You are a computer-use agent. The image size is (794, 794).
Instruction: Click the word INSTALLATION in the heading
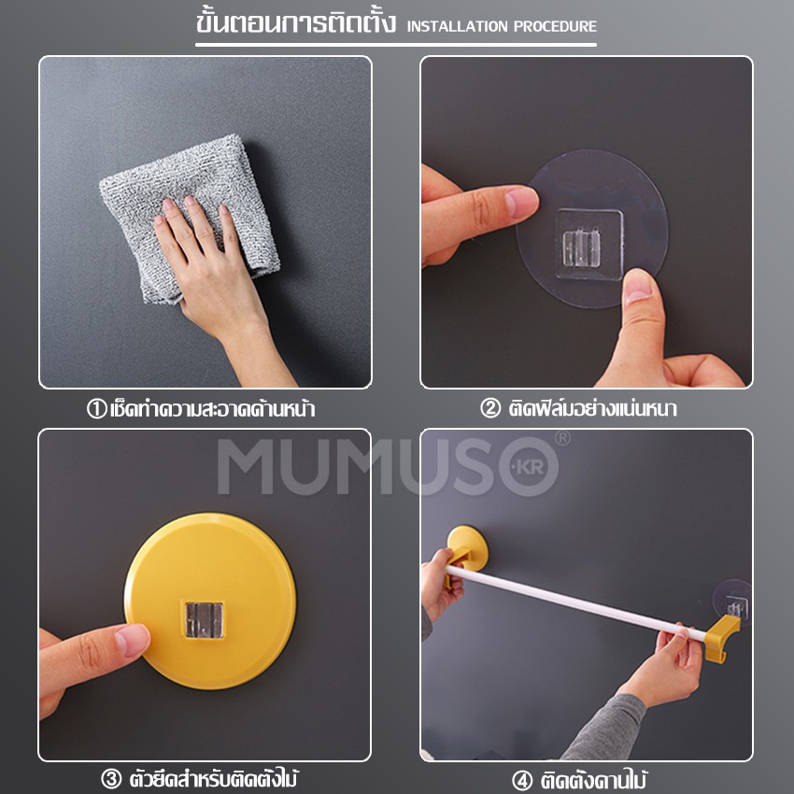458,26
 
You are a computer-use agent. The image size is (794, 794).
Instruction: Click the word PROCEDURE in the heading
556,26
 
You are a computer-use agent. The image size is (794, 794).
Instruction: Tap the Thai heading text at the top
296,22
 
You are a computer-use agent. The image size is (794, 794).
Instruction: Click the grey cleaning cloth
189,218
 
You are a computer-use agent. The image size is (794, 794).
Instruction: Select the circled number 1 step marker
97,408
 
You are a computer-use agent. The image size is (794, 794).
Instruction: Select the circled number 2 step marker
489,408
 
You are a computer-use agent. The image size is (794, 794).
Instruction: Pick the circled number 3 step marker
111,778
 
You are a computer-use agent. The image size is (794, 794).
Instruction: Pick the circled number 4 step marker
521,780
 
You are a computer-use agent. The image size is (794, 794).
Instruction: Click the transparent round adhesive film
592,229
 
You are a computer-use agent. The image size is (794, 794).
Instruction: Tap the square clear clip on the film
588,244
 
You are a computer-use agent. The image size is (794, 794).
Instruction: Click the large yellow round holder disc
210,601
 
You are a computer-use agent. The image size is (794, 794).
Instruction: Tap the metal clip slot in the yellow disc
204,620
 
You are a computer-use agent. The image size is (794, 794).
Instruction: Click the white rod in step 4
575,603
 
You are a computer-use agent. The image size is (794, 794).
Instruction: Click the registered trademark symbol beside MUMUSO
562,438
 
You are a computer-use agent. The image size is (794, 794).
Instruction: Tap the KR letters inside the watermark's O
530,467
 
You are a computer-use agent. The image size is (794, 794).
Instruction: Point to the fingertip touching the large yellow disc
133,640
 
